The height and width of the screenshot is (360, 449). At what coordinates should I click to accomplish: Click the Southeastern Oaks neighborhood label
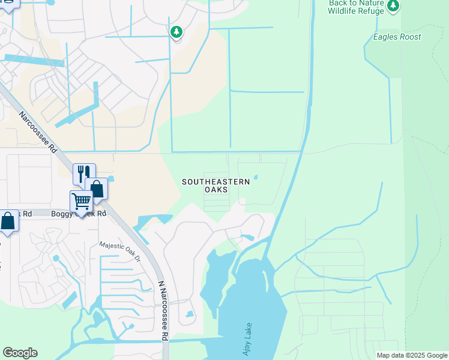pyautogui.click(x=216, y=185)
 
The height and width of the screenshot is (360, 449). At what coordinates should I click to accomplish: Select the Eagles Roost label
pyautogui.click(x=397, y=37)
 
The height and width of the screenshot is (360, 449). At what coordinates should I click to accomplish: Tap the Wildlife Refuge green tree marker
pyautogui.click(x=393, y=6)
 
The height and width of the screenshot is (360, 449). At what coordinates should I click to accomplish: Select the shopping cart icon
pyautogui.click(x=80, y=201)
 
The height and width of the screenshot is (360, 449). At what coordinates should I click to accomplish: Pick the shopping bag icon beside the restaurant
pyautogui.click(x=96, y=188)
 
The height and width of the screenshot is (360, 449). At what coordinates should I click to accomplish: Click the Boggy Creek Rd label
pyautogui.click(x=78, y=213)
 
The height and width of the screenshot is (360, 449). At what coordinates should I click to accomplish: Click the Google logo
pyautogui.click(x=20, y=353)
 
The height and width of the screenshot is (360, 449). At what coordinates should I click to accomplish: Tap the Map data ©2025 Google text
pyautogui.click(x=411, y=355)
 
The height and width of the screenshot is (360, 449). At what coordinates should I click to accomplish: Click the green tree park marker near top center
pyautogui.click(x=176, y=32)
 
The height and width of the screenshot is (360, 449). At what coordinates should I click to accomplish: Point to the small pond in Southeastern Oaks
pyautogui.click(x=256, y=177)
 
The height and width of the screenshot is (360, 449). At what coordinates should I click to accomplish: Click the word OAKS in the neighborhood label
pyautogui.click(x=216, y=190)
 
